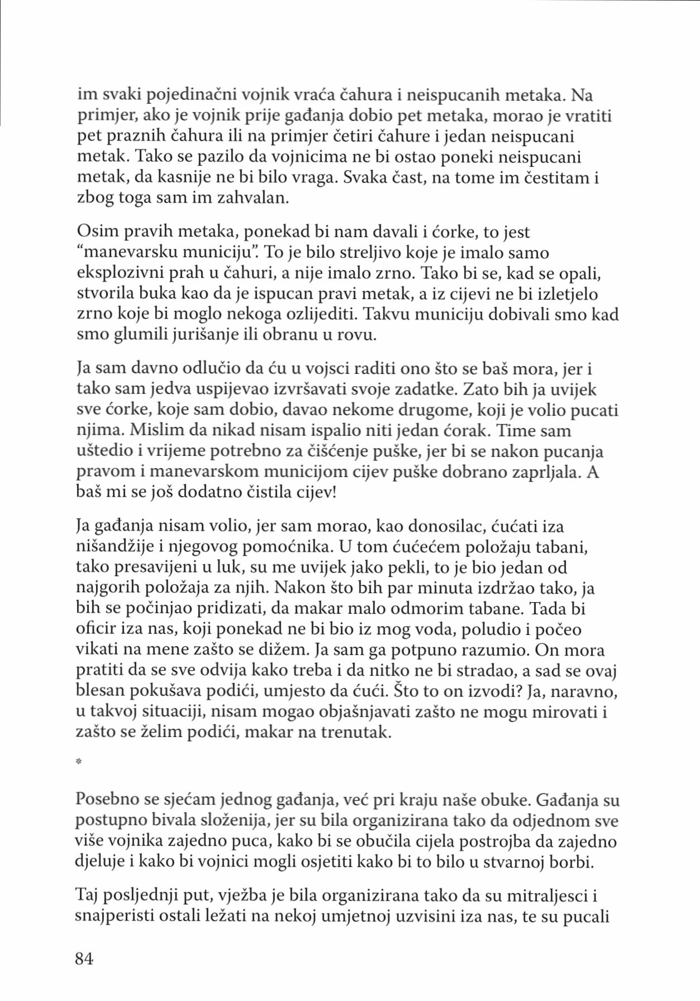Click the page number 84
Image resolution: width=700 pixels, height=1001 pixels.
(x=84, y=958)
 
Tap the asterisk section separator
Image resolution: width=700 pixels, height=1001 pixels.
(x=79, y=762)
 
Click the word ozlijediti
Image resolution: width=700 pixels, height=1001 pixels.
(x=320, y=314)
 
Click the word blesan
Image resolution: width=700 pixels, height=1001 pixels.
(x=100, y=690)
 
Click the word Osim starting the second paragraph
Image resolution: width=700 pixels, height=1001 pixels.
(x=95, y=232)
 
